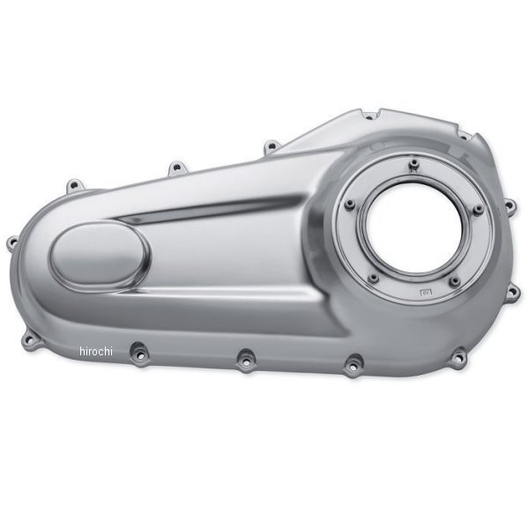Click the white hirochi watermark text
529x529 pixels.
pos(96,351)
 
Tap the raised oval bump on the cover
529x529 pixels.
pos(100,257)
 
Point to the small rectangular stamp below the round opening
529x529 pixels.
pos(426,292)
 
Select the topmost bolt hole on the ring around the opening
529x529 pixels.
pos(413,165)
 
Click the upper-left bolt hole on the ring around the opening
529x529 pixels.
pos(350,205)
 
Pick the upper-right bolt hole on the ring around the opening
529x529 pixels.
pos(478,210)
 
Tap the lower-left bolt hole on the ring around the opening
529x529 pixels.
pos(373,278)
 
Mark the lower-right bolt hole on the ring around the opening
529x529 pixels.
pos(455,280)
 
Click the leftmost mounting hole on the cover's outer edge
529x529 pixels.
pos(13,242)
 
